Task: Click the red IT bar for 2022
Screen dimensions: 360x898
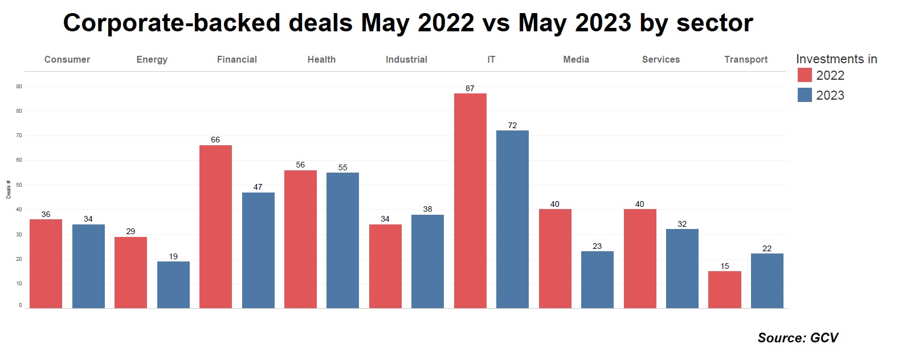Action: tap(470, 201)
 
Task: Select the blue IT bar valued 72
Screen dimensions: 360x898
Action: tap(512, 219)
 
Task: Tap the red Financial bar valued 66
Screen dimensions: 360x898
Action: tap(215, 227)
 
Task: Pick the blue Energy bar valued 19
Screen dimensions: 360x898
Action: tap(173, 285)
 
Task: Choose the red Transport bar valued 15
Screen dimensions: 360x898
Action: tap(724, 289)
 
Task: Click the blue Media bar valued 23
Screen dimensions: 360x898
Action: tap(597, 280)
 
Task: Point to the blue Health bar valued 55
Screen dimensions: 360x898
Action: tap(342, 240)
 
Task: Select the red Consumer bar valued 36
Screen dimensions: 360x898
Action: tap(46, 264)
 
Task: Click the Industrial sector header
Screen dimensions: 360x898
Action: tap(406, 59)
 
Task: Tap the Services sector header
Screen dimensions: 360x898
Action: tap(660, 59)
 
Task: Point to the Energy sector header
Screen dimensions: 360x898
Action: tap(152, 59)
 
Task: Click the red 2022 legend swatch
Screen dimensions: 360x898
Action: tap(805, 75)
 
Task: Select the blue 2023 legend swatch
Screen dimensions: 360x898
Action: tap(805, 95)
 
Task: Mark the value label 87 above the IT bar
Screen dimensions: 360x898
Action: tap(470, 88)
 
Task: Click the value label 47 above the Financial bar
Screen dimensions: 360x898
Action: tap(258, 187)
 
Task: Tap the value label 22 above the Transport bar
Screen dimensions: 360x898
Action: tap(767, 248)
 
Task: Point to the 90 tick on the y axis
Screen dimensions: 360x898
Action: tap(19, 87)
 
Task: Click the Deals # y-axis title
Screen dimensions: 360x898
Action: tap(9, 190)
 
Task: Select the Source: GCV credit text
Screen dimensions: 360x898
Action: tap(798, 338)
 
